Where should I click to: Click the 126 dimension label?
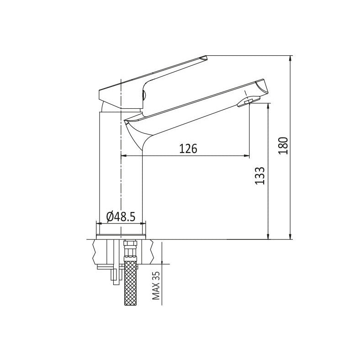point(188,148)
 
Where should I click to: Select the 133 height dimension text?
point(260,175)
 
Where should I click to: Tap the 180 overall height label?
point(283,146)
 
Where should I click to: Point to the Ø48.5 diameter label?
point(121,217)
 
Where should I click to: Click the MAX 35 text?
point(156,286)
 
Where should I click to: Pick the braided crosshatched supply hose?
point(130,283)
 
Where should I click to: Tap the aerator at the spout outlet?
point(249,101)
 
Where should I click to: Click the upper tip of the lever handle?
point(206,56)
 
